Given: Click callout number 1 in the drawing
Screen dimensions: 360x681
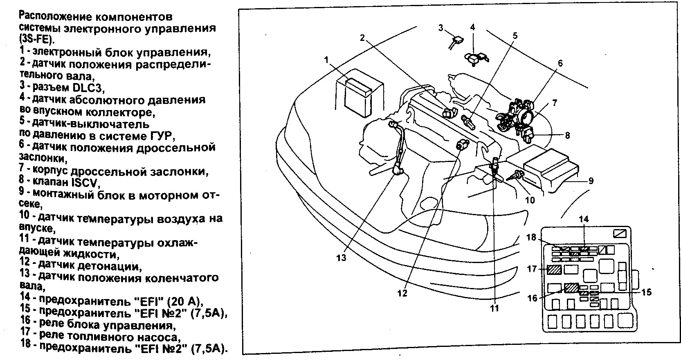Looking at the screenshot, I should pyautogui.click(x=326, y=60).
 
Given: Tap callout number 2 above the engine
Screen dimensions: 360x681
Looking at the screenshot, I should pyautogui.click(x=362, y=38).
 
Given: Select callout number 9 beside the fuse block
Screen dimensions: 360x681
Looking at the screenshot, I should pyautogui.click(x=591, y=180).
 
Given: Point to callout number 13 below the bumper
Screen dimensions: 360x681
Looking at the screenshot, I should pyautogui.click(x=341, y=258).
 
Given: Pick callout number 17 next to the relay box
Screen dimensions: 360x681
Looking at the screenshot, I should pyautogui.click(x=532, y=269).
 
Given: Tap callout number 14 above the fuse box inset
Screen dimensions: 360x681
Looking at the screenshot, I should pyautogui.click(x=584, y=219).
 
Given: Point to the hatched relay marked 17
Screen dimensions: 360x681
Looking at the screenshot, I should pyautogui.click(x=554, y=270).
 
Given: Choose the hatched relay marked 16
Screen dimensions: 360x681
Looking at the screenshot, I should pyautogui.click(x=571, y=288).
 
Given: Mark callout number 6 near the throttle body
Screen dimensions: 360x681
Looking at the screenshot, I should pyautogui.click(x=560, y=63).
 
